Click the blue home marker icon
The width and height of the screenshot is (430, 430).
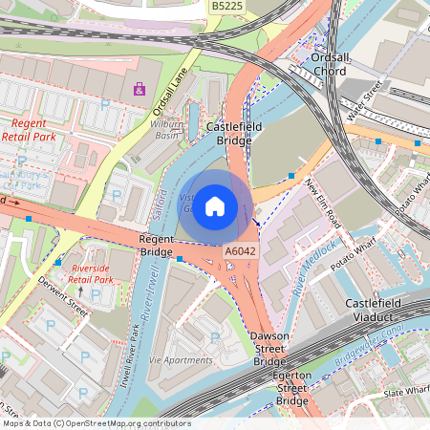215,206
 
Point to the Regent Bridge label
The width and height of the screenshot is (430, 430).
156,245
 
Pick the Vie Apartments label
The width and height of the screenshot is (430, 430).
183,360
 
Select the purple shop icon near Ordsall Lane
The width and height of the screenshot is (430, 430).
140,89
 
